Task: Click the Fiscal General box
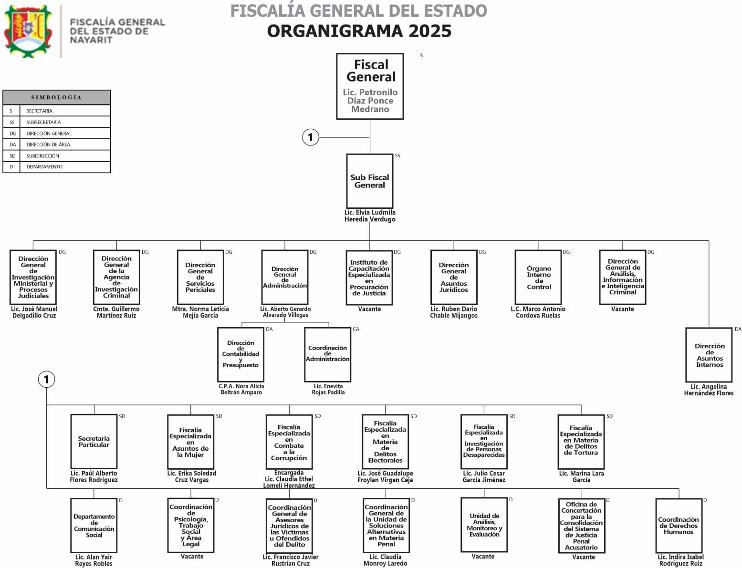(370, 86)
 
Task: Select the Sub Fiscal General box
(370, 181)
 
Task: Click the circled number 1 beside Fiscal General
(311, 137)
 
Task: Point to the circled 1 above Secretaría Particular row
(46, 380)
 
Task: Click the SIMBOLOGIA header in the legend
(56, 97)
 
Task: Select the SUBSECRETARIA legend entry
(43, 122)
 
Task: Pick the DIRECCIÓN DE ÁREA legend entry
(48, 145)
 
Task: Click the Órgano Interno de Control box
(538, 277)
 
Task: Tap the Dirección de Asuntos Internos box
(709, 355)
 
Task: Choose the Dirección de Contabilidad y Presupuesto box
(240, 354)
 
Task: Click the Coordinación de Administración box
(327, 354)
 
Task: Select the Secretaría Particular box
(94, 442)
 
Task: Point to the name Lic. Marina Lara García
(581, 476)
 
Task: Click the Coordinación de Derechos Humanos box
(678, 526)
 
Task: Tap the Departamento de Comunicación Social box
(94, 526)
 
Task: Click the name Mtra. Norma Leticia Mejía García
(200, 312)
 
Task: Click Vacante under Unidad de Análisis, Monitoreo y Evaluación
(483, 557)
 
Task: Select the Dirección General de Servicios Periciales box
(200, 277)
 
